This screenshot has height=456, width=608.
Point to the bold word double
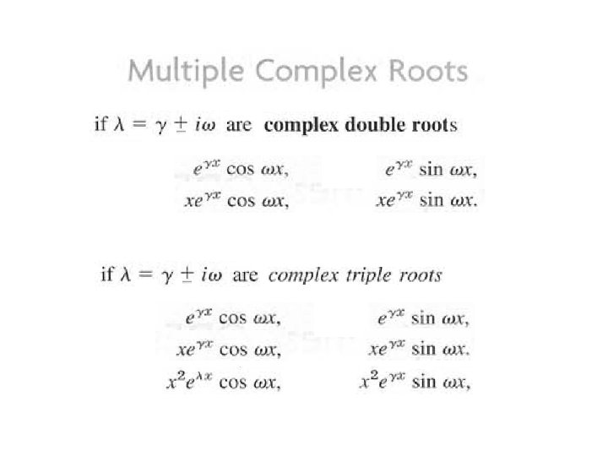click(368, 126)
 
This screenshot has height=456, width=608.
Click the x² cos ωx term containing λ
click(224, 382)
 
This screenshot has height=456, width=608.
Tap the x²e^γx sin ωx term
click(415, 382)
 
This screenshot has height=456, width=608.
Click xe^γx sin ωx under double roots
click(426, 204)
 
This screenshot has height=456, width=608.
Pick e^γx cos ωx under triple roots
click(233, 319)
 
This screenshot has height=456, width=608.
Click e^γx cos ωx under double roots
click(242, 170)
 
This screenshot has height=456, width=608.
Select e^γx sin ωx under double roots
click(431, 170)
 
